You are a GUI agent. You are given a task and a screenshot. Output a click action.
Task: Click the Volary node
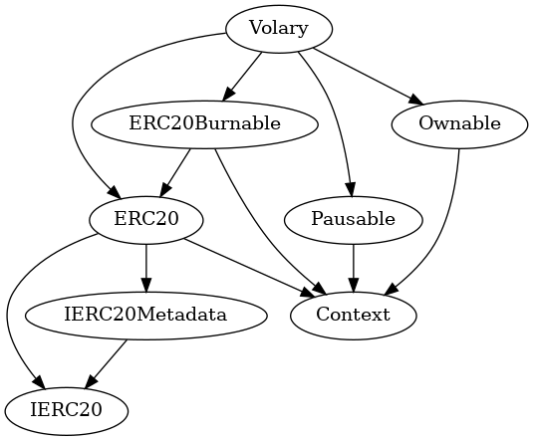(x=278, y=28)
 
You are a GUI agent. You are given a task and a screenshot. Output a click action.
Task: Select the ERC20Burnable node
(x=204, y=124)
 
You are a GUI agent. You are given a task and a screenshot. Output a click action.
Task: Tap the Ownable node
(x=459, y=124)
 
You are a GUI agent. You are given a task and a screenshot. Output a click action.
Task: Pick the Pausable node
(x=353, y=219)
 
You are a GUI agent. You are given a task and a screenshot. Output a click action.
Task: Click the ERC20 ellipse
(x=146, y=219)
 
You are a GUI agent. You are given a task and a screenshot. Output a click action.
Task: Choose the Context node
(x=353, y=315)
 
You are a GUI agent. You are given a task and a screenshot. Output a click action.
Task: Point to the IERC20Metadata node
(x=146, y=315)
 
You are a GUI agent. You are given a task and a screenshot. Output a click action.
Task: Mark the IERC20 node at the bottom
(x=67, y=409)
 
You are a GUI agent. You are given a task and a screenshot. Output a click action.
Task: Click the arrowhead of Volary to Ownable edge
(x=414, y=100)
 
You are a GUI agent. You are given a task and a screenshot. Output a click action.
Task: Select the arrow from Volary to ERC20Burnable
(x=242, y=76)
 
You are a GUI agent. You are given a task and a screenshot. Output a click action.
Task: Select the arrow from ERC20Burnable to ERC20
(x=175, y=171)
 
